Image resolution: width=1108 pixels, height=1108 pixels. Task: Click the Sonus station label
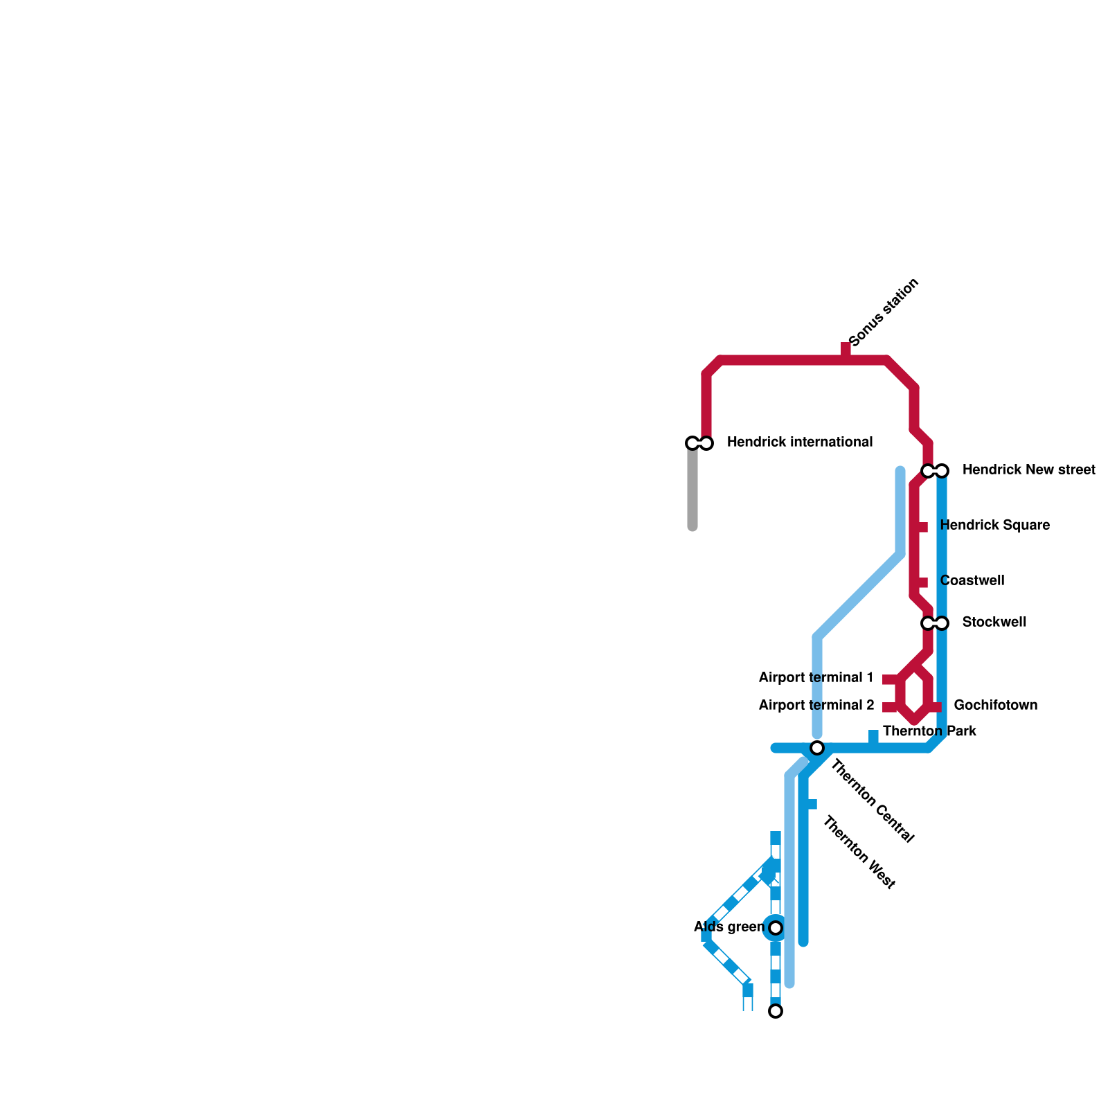(884, 312)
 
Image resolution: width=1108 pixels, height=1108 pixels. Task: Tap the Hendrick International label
(799, 443)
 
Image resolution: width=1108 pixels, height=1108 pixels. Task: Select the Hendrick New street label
(1028, 470)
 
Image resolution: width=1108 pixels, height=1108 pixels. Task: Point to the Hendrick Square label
(994, 526)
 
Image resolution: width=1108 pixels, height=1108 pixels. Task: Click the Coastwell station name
(972, 581)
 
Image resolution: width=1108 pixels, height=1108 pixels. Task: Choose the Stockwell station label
(994, 623)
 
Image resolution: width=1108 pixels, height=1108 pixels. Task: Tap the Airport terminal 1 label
(816, 678)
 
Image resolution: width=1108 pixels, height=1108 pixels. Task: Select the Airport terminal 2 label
(816, 706)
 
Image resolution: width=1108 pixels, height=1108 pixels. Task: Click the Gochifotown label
(995, 706)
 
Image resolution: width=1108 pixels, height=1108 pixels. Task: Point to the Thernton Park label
(929, 731)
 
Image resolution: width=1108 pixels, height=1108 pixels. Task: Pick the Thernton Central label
(873, 801)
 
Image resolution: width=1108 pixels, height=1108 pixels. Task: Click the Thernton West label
(859, 852)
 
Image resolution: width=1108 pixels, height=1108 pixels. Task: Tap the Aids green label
(729, 927)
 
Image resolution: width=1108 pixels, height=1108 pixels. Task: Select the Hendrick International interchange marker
(699, 443)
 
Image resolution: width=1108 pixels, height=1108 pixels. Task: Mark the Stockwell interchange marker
(935, 623)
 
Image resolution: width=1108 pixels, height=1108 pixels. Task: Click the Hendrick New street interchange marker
(935, 471)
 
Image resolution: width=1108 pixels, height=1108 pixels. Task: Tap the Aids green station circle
(776, 928)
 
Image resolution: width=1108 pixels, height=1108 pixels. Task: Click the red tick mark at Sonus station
(846, 348)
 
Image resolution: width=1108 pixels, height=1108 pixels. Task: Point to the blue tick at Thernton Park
(873, 736)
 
